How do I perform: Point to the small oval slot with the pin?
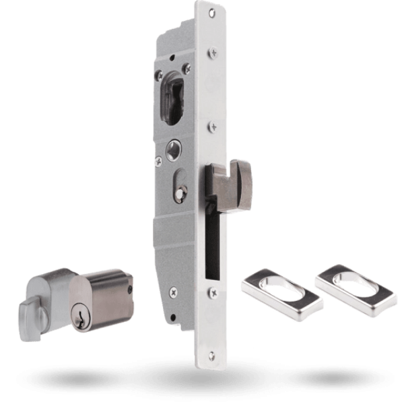pyautogui.click(x=181, y=189)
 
